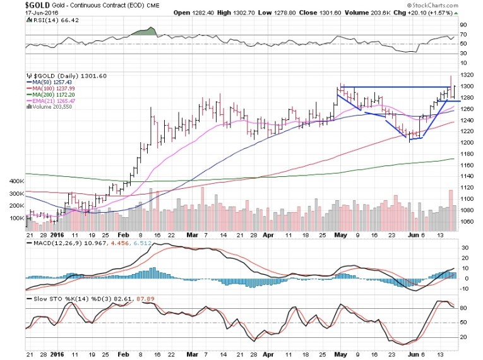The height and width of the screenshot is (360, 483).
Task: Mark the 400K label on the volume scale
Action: pos(16,181)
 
